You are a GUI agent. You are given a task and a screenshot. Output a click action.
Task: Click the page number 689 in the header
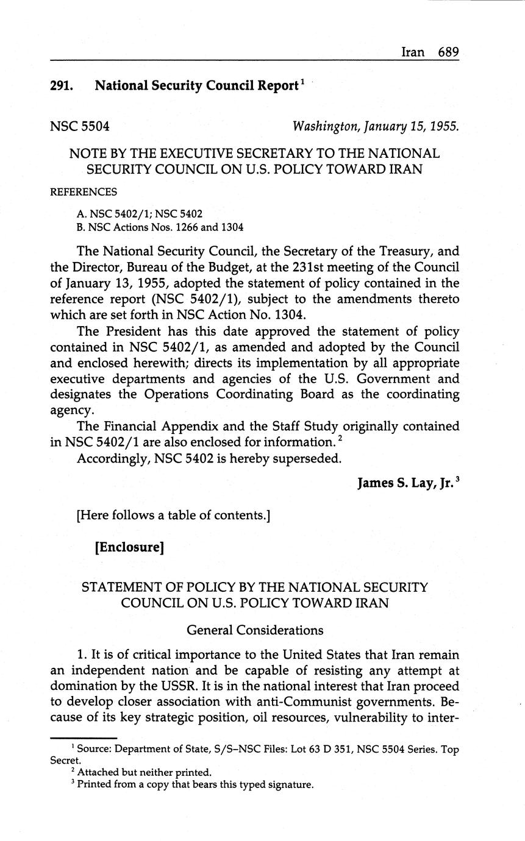(x=448, y=52)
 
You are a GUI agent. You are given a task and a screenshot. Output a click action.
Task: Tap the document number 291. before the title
(x=62, y=86)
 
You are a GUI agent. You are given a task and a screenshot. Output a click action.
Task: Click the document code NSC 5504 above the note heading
(x=80, y=127)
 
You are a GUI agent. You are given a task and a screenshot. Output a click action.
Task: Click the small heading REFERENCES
(x=84, y=192)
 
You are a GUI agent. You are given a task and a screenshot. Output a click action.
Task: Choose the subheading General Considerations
(x=255, y=630)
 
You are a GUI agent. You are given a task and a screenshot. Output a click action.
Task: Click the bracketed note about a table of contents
(x=174, y=516)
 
